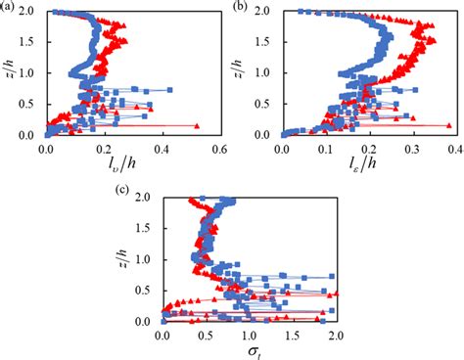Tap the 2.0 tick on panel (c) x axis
pos(335,334)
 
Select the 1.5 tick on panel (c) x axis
pos(292,334)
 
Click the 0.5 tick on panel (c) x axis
pos(206,334)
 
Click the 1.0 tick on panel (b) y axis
pos(269,73)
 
